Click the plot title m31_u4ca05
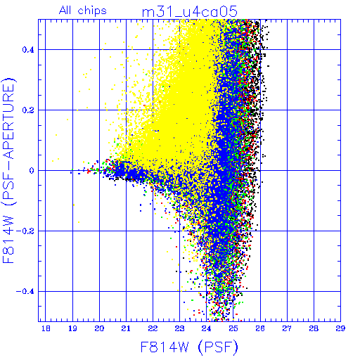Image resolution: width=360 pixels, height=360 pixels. coord(190,12)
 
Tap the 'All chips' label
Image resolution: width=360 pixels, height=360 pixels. coord(83,11)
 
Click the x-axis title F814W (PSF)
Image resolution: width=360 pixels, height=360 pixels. coord(189,347)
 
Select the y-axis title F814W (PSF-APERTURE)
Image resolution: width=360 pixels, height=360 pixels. coord(8,170)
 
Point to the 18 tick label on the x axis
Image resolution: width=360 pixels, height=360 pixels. coord(46,328)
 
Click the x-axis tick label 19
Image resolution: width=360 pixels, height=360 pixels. coord(72,328)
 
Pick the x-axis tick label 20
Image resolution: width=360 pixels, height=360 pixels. coord(99,328)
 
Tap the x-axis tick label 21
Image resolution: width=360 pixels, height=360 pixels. coord(126,328)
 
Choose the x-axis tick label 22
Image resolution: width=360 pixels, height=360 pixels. coord(153,328)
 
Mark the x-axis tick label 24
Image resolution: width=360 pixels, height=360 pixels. coord(207,328)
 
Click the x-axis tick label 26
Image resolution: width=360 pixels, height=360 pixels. coord(260,328)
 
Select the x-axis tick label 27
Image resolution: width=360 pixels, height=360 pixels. coord(287,328)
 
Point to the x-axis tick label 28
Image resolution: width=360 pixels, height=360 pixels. coord(314,328)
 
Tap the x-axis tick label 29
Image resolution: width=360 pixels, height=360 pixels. coord(340,328)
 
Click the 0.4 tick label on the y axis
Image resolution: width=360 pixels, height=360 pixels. coord(28,50)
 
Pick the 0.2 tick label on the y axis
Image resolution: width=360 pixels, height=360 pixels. coord(28,110)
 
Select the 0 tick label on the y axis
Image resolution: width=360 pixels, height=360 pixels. coord(32,171)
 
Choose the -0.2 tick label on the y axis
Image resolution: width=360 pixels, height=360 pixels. coord(25,231)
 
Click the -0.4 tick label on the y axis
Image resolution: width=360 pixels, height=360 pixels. coord(25,292)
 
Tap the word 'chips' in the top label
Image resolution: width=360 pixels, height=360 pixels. coord(92,11)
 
